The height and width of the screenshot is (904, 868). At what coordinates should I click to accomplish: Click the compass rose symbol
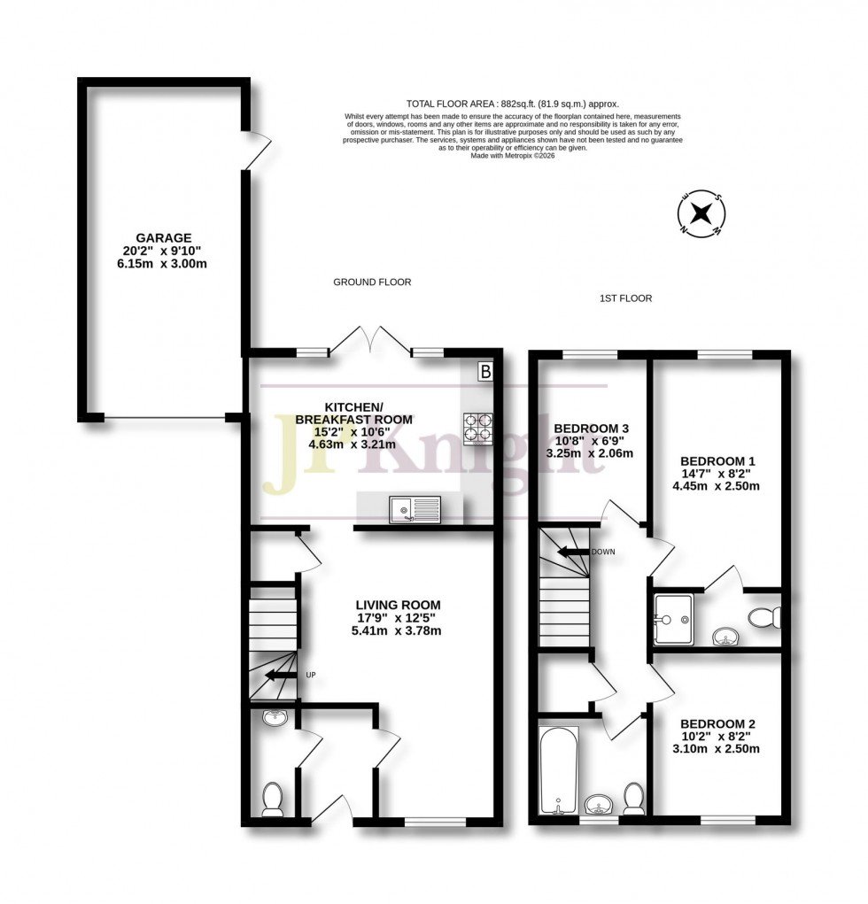[701, 213]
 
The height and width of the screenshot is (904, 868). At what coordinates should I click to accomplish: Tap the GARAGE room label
[163, 238]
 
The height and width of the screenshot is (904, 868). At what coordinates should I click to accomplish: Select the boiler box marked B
[484, 372]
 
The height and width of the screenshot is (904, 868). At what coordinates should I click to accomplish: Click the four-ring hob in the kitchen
[477, 428]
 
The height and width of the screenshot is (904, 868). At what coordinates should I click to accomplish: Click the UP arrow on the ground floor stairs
[283, 676]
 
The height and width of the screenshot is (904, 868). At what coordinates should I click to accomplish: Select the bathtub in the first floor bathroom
[558, 769]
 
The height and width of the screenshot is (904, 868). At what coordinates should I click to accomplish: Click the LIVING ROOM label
[395, 605]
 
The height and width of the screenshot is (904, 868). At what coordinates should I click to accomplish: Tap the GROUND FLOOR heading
[372, 282]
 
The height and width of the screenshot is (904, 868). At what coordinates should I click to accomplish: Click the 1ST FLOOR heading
[625, 298]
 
